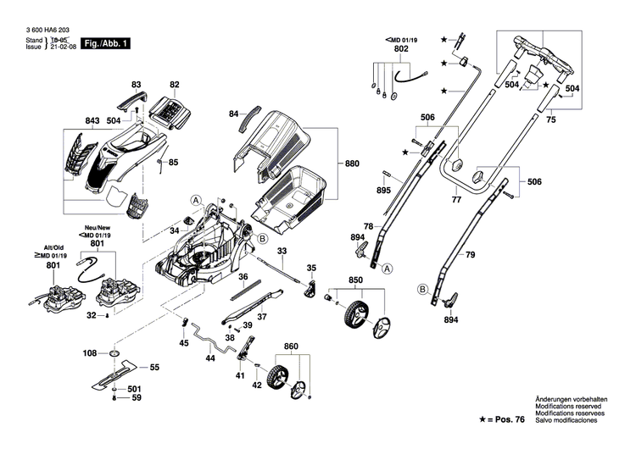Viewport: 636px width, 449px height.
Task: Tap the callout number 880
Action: point(352,162)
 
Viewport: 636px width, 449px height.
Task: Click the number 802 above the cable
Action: point(401,50)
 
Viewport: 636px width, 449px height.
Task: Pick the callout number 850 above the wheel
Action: point(357,280)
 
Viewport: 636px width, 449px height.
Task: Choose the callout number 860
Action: point(291,347)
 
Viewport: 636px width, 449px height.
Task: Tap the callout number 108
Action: point(89,352)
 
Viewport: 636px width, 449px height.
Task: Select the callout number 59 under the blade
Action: point(135,397)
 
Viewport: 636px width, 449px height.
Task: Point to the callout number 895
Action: point(383,191)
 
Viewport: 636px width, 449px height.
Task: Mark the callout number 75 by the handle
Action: point(550,121)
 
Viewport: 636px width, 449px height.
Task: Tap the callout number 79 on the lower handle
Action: point(470,253)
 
